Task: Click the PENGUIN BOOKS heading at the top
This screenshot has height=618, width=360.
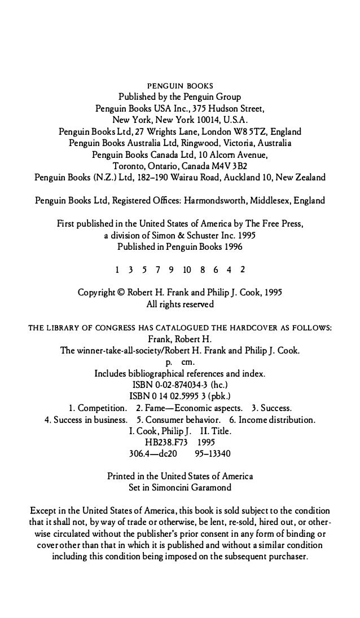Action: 180,86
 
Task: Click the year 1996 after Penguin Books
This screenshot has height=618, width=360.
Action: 231,246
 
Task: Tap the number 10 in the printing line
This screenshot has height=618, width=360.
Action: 187,270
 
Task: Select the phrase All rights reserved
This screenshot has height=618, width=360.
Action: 180,304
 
